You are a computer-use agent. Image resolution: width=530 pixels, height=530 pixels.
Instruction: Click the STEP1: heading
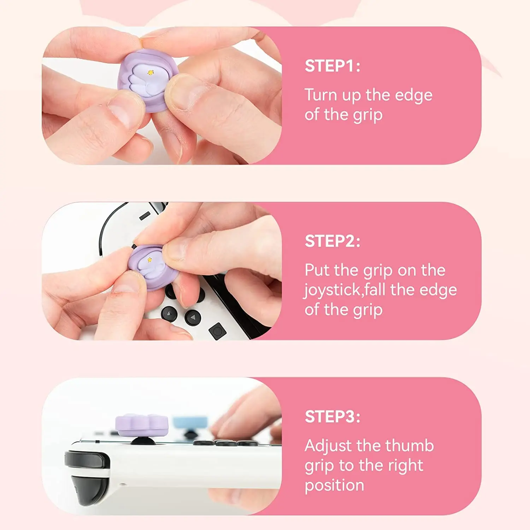coord(332,66)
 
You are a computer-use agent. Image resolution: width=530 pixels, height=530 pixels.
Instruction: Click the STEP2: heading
coord(332,241)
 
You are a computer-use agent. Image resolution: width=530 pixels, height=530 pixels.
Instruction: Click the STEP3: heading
coord(332,417)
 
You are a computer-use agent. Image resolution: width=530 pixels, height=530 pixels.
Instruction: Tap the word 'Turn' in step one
coord(320,95)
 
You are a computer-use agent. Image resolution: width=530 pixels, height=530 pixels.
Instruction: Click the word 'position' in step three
coord(334,486)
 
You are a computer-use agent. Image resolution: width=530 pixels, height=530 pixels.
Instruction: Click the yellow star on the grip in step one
coord(151,72)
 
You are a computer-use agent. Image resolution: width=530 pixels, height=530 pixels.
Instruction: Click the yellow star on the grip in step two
coord(149,260)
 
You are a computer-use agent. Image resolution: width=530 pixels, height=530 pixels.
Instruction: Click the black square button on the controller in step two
coord(217,331)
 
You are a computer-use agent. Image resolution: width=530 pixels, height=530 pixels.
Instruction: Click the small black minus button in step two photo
coord(144,216)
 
